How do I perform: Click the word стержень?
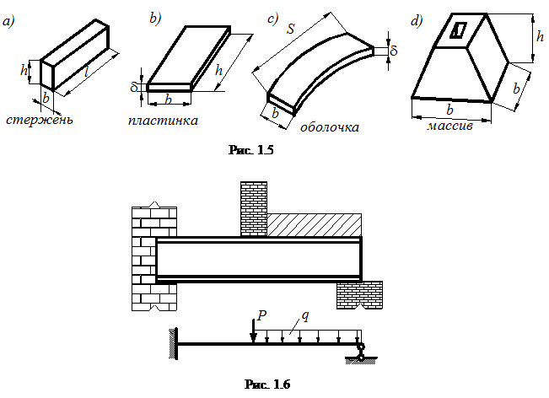coord(40,120)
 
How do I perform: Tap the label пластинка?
coord(163,121)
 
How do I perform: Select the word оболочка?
coord(330,126)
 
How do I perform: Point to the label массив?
coord(449,126)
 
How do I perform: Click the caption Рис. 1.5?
coord(251,150)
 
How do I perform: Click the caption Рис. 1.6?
coord(267,385)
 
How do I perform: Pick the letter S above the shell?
coord(291,29)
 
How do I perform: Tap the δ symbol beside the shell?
coord(394,51)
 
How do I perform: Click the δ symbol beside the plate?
coord(134,86)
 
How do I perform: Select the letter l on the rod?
coord(86,73)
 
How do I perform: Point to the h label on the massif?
coord(541,36)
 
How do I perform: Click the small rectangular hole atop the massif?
coord(458,30)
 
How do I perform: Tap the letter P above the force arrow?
coord(262,315)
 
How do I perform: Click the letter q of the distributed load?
coord(305,316)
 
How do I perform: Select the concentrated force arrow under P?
coord(253,331)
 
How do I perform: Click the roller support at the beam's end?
coord(360,352)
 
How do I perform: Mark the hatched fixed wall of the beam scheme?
coord(173,344)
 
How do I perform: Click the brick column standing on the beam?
coord(254,209)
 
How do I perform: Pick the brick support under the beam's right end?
coord(359,295)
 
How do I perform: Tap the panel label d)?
coord(417,21)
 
